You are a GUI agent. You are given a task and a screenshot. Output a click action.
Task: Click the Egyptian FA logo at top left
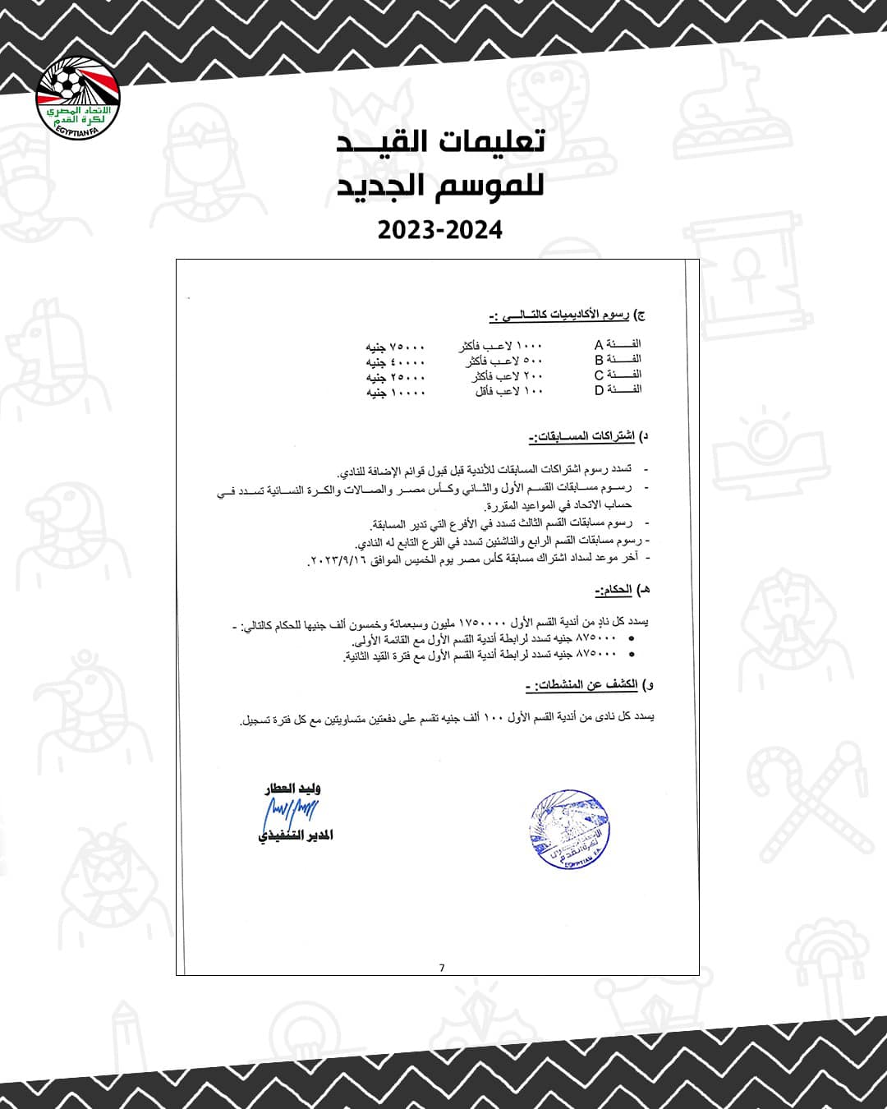78,97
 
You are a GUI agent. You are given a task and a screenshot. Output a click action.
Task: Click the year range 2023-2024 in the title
440,230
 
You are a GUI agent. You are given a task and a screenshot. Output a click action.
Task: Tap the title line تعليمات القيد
440,141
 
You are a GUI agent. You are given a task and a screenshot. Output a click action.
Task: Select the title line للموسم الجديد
440,186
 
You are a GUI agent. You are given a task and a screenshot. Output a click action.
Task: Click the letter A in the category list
599,346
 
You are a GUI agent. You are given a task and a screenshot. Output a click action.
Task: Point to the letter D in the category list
599,391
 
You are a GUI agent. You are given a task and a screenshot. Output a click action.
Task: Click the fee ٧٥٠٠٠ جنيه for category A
396,347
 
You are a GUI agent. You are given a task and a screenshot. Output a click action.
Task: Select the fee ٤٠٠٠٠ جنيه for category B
396,362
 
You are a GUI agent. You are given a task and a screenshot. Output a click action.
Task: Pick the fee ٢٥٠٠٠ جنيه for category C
396,377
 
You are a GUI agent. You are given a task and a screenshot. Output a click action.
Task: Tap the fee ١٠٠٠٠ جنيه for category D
396,393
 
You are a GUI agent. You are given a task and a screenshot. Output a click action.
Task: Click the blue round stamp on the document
569,830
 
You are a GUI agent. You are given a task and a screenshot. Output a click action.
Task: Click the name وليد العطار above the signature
292,789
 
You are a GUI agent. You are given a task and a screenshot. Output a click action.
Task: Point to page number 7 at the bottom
442,968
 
